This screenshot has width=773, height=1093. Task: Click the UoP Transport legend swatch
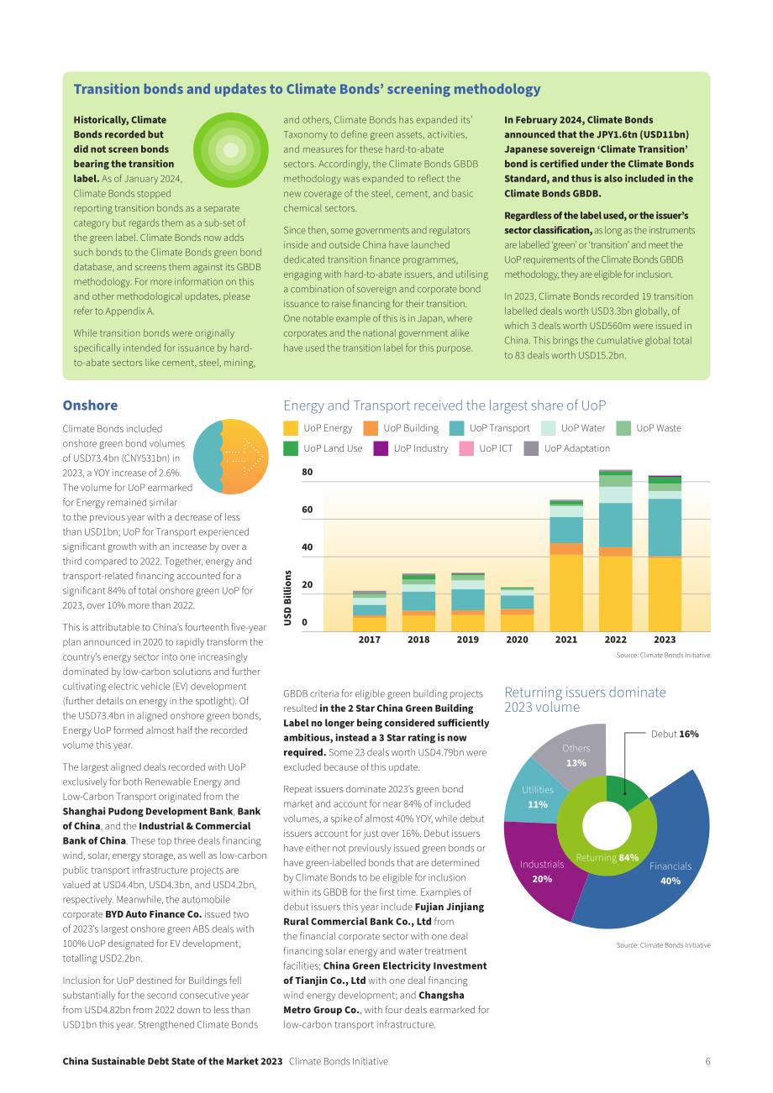[x=456, y=428]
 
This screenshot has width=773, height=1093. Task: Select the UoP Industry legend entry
[x=410, y=448]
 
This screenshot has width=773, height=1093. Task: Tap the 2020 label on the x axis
[x=517, y=639]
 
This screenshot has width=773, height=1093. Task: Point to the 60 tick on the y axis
[x=308, y=510]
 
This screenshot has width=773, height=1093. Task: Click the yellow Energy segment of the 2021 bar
[x=566, y=593]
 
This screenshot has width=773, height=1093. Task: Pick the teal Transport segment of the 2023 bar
[x=665, y=527]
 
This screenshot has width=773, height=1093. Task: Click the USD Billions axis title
[x=287, y=598]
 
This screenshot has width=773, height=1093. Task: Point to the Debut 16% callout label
[x=675, y=734]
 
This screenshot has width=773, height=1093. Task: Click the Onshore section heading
[x=90, y=405]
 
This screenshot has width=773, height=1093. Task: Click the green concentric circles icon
[x=231, y=149]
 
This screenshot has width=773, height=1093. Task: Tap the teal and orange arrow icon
[x=231, y=457]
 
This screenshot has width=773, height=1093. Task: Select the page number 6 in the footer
[x=707, y=1061]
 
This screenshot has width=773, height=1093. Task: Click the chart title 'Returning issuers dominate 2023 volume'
[x=585, y=699]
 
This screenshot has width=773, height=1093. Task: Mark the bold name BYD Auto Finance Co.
[x=153, y=914]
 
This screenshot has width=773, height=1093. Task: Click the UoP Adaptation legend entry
[x=567, y=448]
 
